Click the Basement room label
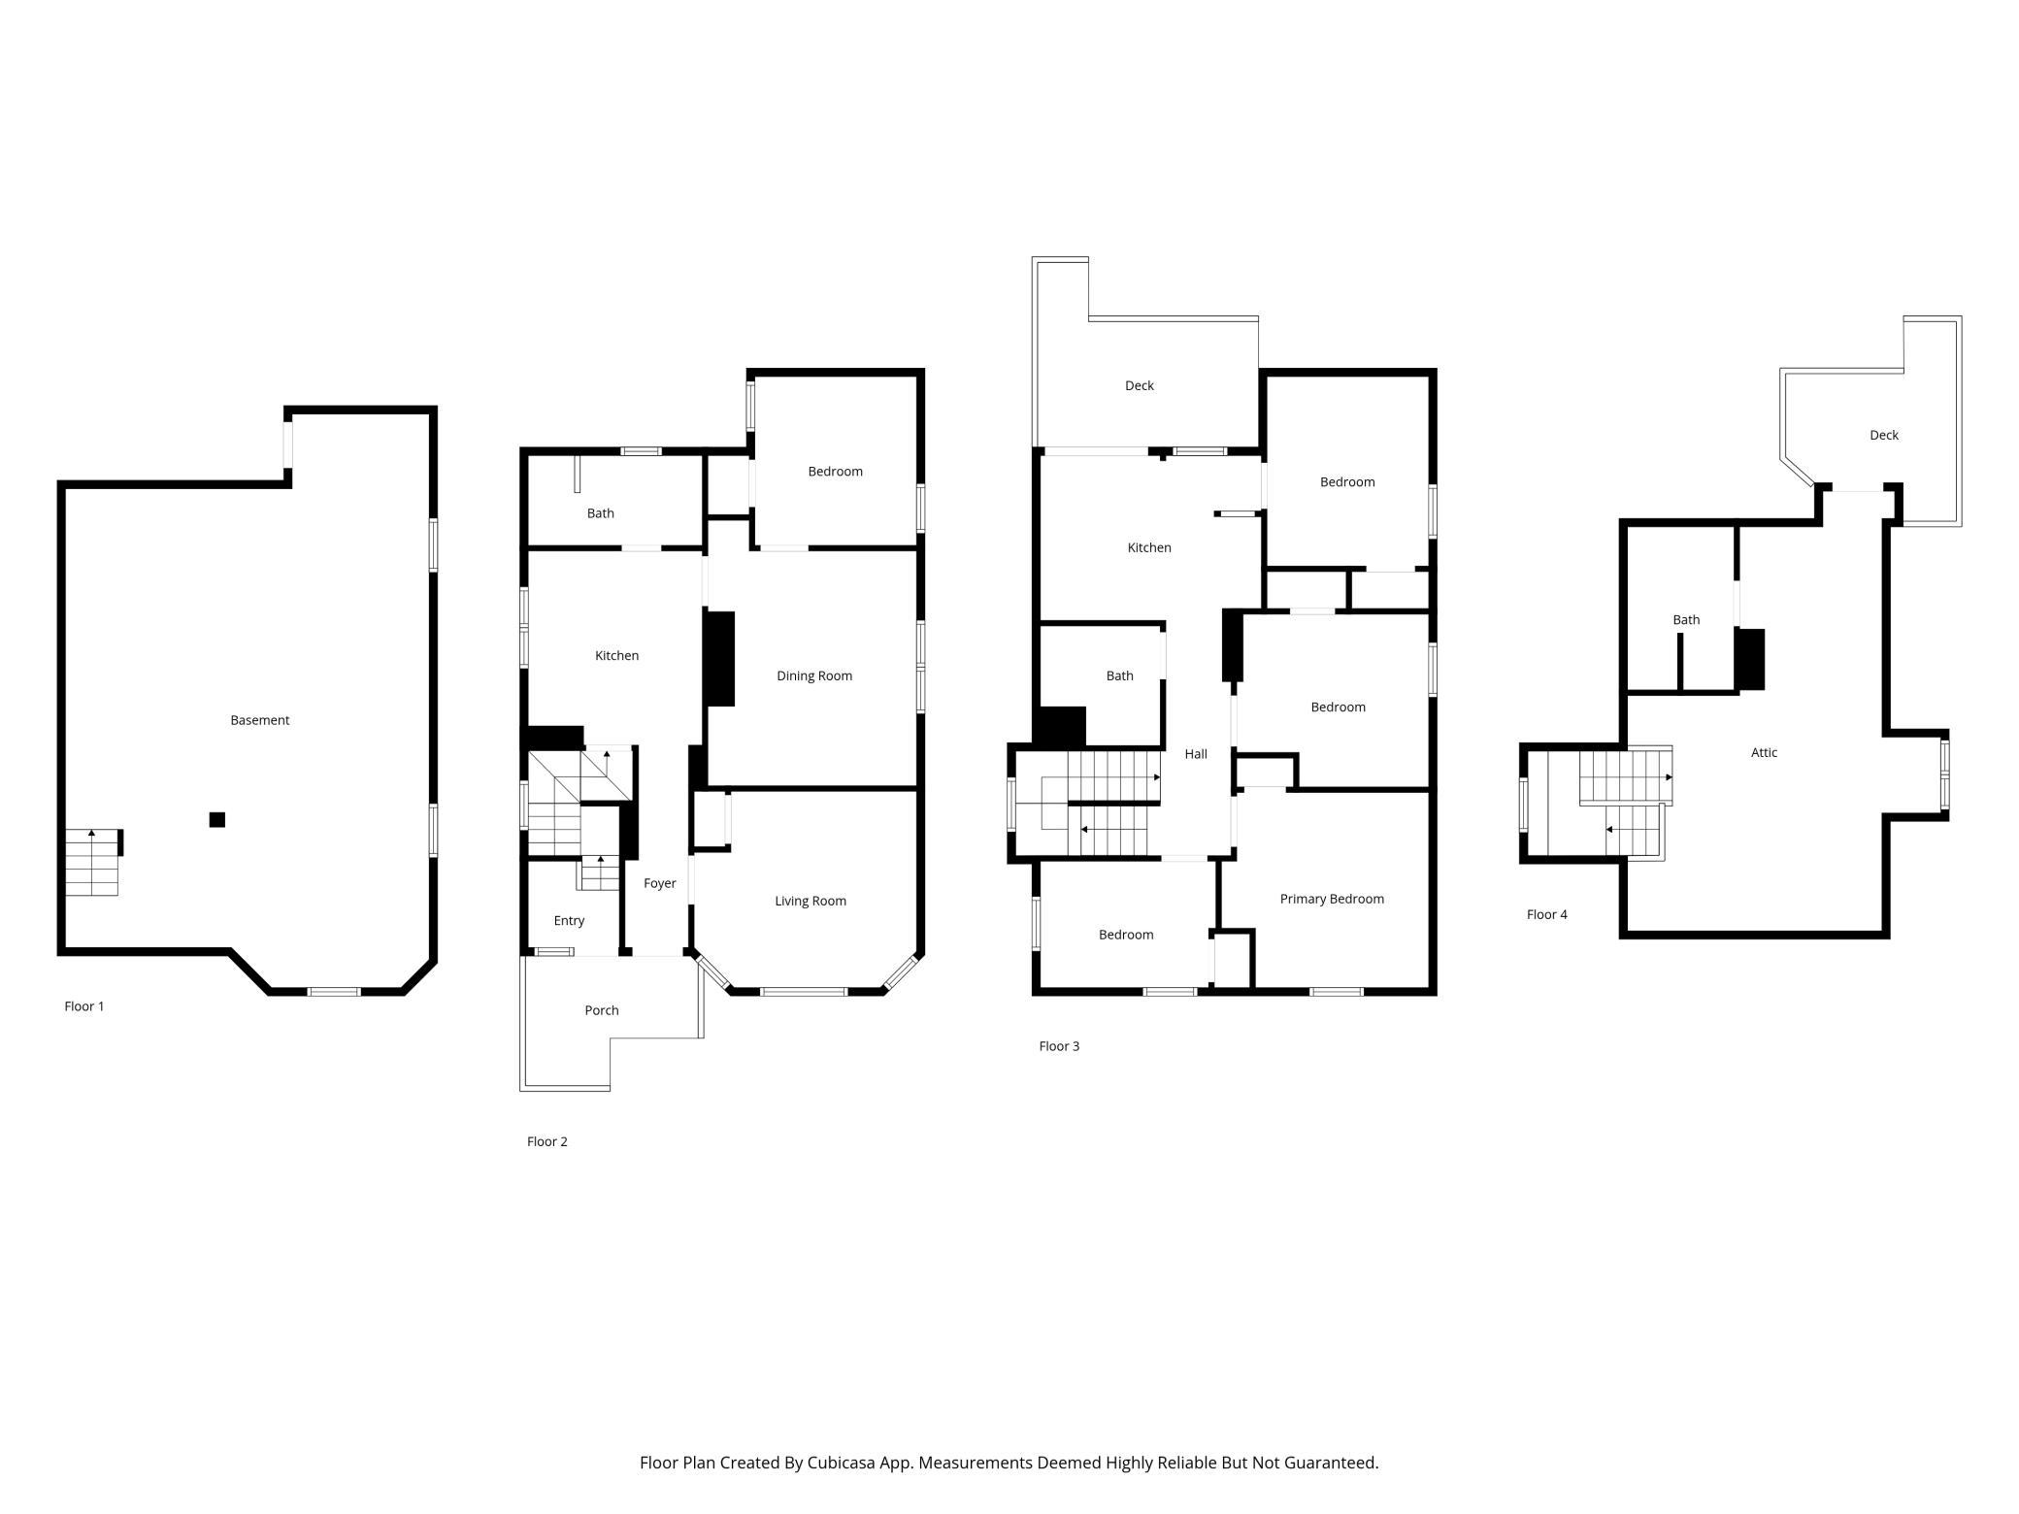(259, 720)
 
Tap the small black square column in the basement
(217, 820)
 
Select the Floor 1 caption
(84, 1006)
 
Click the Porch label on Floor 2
(602, 1010)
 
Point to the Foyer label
(660, 883)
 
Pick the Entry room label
(569, 921)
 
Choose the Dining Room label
(814, 676)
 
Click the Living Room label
(811, 902)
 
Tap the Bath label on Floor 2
(601, 513)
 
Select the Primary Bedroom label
(1332, 900)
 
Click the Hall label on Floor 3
(1196, 754)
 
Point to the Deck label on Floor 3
(1140, 385)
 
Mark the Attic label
(1764, 752)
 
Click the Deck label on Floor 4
(1884, 435)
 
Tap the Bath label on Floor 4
(1686, 620)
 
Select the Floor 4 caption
(1547, 914)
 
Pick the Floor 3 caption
(1059, 1046)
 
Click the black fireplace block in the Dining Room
(719, 658)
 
